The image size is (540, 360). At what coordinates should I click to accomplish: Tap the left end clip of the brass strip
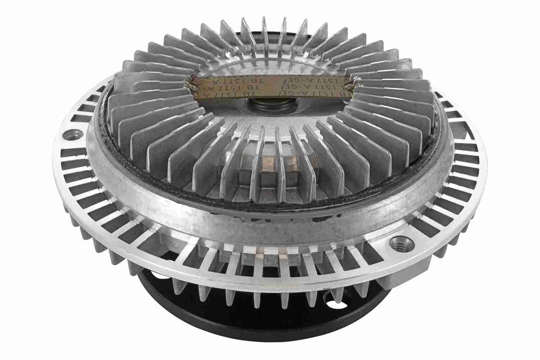tap(192, 85)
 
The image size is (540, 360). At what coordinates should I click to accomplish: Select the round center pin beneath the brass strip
tap(269, 106)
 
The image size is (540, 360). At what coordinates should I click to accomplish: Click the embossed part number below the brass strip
tap(271, 126)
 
